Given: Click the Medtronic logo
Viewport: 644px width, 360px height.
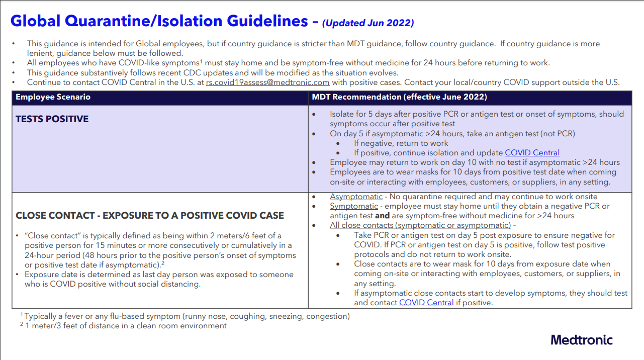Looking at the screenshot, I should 582,340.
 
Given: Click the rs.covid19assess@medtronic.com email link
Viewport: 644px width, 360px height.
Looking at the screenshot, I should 267,82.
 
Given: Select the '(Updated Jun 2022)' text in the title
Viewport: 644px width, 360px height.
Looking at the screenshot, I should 368,23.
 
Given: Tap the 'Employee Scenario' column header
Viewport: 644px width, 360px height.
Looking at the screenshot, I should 53,97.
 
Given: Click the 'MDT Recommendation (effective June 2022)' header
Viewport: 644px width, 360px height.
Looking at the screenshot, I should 400,97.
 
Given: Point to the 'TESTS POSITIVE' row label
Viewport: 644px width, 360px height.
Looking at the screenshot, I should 52,119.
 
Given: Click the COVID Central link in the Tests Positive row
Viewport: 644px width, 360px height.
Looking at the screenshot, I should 532,153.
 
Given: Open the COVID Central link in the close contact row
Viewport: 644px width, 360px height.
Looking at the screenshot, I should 426,302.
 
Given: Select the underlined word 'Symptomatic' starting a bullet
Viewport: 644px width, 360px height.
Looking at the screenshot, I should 353,206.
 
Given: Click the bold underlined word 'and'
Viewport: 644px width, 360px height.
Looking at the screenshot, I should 382,216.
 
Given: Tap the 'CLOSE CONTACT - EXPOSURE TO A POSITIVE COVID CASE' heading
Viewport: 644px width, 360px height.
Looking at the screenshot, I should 150,216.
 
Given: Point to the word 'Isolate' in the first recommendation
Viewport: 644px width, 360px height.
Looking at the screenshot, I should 342,114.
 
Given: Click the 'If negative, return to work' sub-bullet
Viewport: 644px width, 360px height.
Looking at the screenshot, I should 401,143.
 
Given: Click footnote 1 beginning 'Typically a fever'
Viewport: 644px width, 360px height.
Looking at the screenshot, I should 186,316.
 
